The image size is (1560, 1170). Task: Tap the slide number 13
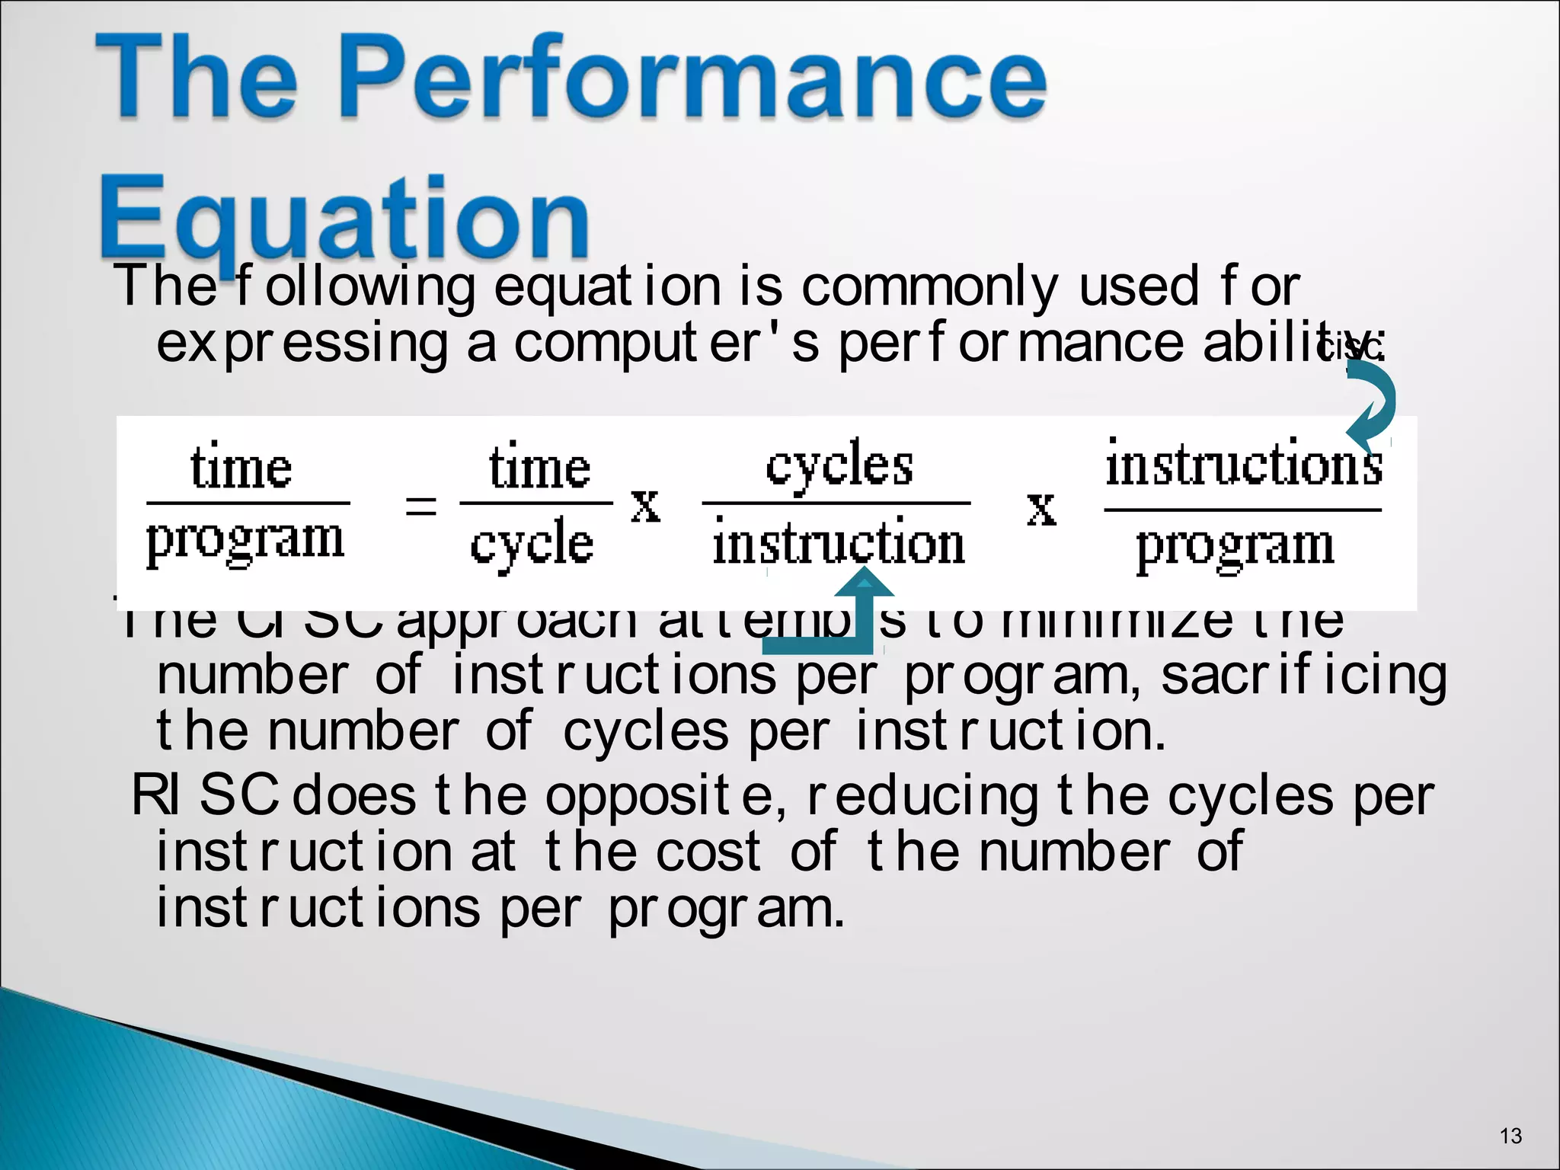pos(1510,1136)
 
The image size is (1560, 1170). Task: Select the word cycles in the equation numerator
pos(839,465)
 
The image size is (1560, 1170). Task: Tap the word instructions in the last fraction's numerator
pos(1243,465)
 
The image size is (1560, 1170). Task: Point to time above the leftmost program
pos(241,468)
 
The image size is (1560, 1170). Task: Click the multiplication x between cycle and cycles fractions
pos(646,506)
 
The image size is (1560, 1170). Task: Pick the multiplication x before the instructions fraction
pos(1042,509)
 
